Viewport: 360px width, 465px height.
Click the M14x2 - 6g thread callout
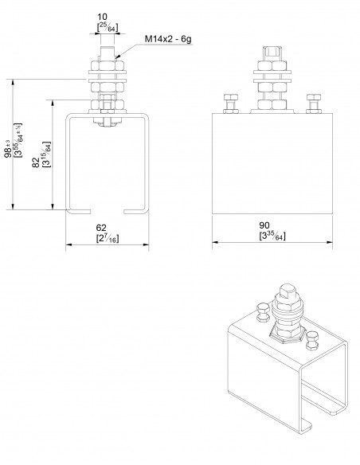tap(168, 38)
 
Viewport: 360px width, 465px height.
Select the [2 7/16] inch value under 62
tap(105, 237)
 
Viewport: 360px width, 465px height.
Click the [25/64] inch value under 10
tap(105, 25)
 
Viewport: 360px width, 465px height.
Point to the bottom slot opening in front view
tap(105, 211)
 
